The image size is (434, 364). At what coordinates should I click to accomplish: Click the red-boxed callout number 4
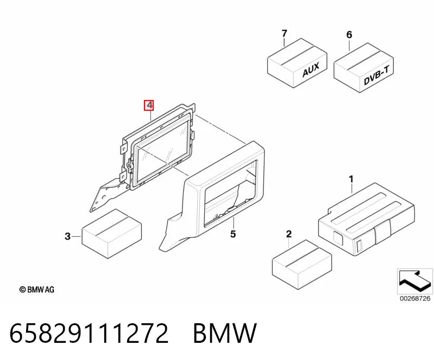point(149,105)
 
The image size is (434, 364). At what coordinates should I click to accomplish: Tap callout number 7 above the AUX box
point(284,34)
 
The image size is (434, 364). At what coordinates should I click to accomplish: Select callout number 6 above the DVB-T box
point(349,35)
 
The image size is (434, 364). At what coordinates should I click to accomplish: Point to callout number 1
point(351,179)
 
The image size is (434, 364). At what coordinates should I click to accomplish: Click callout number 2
point(288,234)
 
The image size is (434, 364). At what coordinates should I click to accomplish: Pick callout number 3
point(68,236)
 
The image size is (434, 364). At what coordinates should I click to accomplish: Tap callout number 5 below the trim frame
point(233,234)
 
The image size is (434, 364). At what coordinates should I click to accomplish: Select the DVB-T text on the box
point(378,76)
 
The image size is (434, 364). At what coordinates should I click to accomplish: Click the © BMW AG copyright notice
point(36,290)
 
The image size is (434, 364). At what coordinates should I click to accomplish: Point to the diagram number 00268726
point(415,298)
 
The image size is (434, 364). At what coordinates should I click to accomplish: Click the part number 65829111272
point(89,333)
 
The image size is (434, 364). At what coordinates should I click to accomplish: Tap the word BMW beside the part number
point(225,333)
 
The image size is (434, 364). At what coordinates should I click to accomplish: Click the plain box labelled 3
point(112,234)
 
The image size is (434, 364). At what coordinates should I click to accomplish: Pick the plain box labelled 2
point(302,265)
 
